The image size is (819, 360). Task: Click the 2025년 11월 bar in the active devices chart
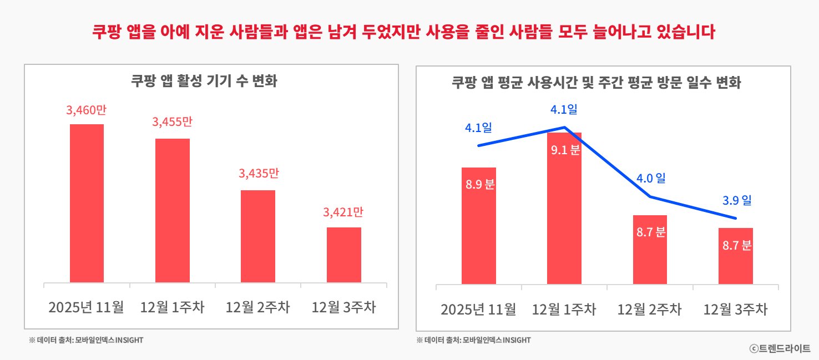pyautogui.click(x=87, y=203)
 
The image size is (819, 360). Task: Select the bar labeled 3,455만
pyautogui.click(x=172, y=210)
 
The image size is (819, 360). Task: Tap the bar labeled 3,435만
pyautogui.click(x=257, y=236)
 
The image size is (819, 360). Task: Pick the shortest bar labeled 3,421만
pyautogui.click(x=343, y=255)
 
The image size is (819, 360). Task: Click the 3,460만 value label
pyautogui.click(x=86, y=110)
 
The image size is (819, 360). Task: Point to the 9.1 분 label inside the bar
pyautogui.click(x=564, y=149)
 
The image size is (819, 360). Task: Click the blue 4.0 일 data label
pyautogui.click(x=650, y=179)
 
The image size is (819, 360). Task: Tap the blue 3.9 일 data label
pyautogui.click(x=736, y=200)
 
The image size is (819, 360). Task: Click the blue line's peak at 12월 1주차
pyautogui.click(x=564, y=128)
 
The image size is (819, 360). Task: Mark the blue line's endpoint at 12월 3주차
pyautogui.click(x=736, y=218)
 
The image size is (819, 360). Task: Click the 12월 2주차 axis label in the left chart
pyautogui.click(x=257, y=307)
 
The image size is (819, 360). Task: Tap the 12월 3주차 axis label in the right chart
pyautogui.click(x=735, y=310)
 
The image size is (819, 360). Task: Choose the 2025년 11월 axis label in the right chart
pyautogui.click(x=478, y=310)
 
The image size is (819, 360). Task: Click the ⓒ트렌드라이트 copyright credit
pyautogui.click(x=780, y=348)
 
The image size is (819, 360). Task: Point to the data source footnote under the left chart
pyautogui.click(x=86, y=340)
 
